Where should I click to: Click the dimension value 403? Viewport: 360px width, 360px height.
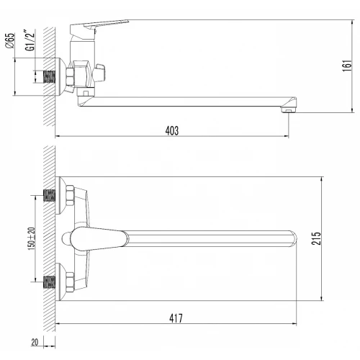pos(172,130)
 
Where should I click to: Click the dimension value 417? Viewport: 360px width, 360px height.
pos(176,318)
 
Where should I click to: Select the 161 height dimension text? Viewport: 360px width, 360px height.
pos(347,66)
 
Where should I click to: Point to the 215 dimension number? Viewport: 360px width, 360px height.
pos(316,238)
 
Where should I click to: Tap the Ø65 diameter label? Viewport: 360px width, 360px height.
pos(10,40)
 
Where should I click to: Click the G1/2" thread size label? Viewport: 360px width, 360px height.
pos(30,40)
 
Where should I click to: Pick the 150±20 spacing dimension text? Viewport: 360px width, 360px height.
pos(32,238)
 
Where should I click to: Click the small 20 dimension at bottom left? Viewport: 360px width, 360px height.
pos(35,342)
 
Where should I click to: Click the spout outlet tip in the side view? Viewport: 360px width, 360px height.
pos(289,110)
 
